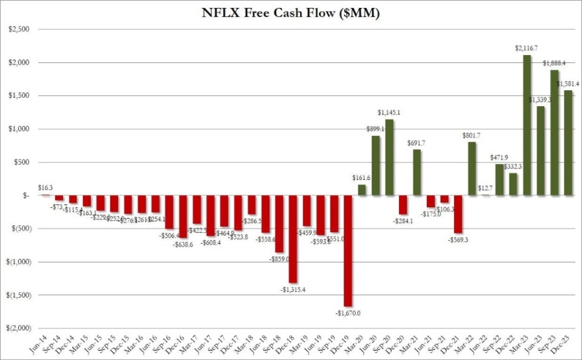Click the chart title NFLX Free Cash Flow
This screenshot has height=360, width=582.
290,14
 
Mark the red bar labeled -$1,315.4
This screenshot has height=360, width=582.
293,239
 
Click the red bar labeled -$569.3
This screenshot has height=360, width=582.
458,214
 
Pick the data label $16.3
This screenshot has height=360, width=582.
44,188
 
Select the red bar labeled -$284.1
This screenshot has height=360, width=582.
403,205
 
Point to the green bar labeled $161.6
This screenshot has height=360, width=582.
362,190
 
